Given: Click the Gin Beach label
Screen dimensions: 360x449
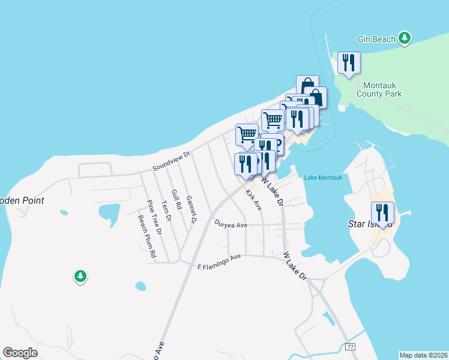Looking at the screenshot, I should click(376, 39).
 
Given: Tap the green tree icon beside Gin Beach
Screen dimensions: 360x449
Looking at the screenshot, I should click(405, 38).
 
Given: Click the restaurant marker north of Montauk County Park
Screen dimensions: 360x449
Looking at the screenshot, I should click(349, 63).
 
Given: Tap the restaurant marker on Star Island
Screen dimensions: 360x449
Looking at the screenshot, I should click(382, 213).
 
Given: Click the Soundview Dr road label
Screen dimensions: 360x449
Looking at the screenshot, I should click(171, 158).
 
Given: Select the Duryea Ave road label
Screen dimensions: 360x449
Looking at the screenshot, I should click(231, 224).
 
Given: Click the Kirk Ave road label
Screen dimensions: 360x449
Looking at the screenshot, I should click(254, 200).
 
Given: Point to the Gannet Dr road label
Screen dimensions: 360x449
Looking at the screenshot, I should click(191, 209).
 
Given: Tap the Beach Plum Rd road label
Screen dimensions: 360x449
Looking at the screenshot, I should click(147, 236).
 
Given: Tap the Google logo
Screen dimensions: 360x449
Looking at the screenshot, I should click(20, 352).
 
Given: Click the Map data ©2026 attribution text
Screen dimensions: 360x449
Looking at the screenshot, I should click(423, 355).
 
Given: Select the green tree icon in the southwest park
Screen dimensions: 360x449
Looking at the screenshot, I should click(80, 276).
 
